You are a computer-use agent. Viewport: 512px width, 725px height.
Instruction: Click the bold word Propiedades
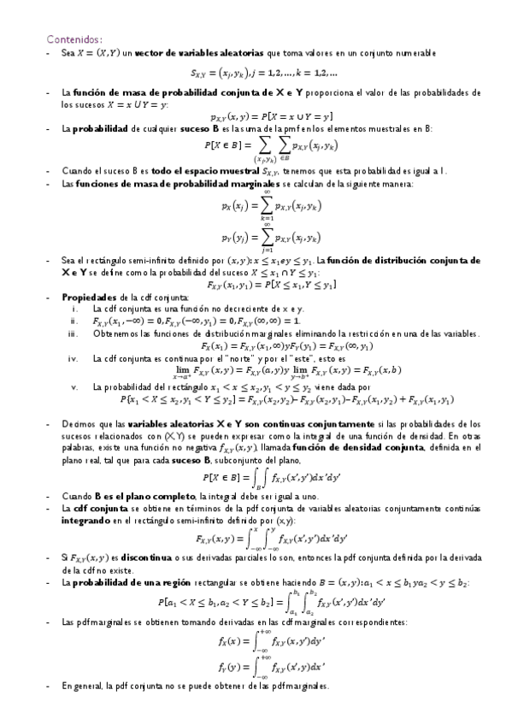tap(87, 297)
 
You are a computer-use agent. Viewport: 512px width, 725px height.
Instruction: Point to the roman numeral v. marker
tap(74, 386)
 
